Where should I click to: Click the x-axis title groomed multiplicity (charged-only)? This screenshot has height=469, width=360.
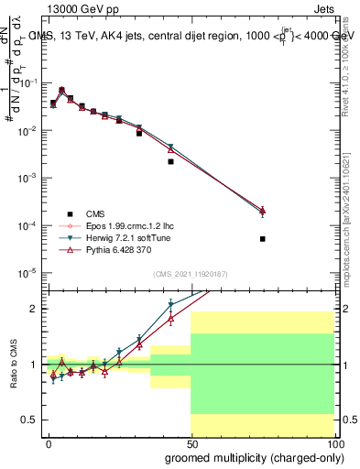pos(250,456)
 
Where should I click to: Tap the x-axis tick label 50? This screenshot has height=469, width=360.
pos(191,443)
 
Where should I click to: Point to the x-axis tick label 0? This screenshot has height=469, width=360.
pos(49,443)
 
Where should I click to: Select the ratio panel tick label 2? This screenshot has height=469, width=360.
pos(33,309)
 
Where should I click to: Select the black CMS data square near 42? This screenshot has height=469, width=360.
pos(170,161)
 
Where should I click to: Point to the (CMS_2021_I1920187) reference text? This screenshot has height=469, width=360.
pos(190,273)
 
